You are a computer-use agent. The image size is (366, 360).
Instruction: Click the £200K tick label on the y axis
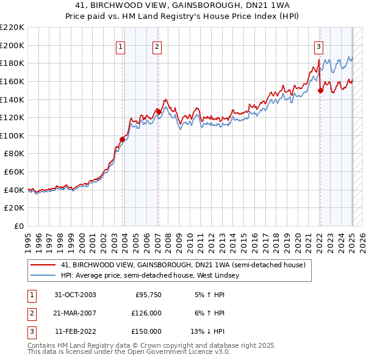click(x=13, y=45)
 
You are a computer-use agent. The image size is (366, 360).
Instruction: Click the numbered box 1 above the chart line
click(x=120, y=46)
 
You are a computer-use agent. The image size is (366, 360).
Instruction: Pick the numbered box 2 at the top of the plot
click(x=157, y=46)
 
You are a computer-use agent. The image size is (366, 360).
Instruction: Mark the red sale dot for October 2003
click(x=122, y=139)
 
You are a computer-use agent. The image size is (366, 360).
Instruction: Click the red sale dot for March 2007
click(x=159, y=112)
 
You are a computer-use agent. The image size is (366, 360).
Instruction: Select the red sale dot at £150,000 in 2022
click(x=320, y=90)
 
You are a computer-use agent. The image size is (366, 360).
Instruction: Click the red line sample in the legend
click(x=43, y=265)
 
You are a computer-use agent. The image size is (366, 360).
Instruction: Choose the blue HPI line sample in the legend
click(x=43, y=275)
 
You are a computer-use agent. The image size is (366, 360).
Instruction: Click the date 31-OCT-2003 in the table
click(x=75, y=295)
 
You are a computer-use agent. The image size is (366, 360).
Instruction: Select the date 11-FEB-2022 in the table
click(x=75, y=331)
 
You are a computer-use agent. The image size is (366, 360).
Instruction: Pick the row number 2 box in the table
click(x=30, y=313)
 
